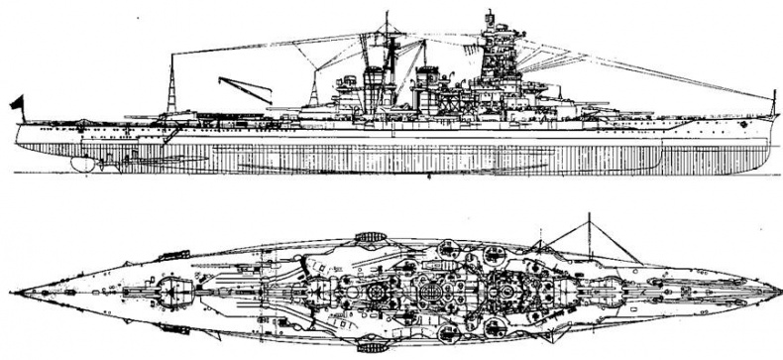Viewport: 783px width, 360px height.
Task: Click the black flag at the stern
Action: pyautogui.click(x=16, y=101)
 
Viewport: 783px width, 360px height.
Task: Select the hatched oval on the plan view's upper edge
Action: pyautogui.click(x=369, y=236)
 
